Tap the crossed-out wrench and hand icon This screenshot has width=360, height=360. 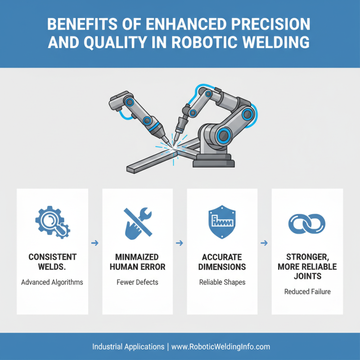pyautogui.click(x=137, y=221)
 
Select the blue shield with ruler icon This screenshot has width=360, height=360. pyautogui.click(x=222, y=221)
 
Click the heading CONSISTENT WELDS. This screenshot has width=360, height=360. pyautogui.click(x=52, y=262)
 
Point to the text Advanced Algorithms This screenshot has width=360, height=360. pyautogui.click(x=52, y=283)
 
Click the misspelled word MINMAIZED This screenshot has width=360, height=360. pyautogui.click(x=137, y=257)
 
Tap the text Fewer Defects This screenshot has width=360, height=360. pyautogui.click(x=137, y=283)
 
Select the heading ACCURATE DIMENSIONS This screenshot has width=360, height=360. pyautogui.click(x=222, y=262)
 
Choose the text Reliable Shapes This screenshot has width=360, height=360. pyautogui.click(x=222, y=283)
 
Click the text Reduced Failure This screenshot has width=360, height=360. pyautogui.click(x=307, y=292)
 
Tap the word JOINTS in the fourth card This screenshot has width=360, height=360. pyautogui.click(x=307, y=276)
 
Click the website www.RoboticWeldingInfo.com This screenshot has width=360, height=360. pyautogui.click(x=220, y=346)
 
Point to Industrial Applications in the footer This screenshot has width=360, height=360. pyautogui.click(x=128, y=346)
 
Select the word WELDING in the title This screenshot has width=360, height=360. pyautogui.click(x=276, y=42)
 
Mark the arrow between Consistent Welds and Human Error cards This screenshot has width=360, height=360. pyautogui.click(x=95, y=243)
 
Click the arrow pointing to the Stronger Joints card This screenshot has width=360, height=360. pyautogui.click(x=265, y=243)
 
